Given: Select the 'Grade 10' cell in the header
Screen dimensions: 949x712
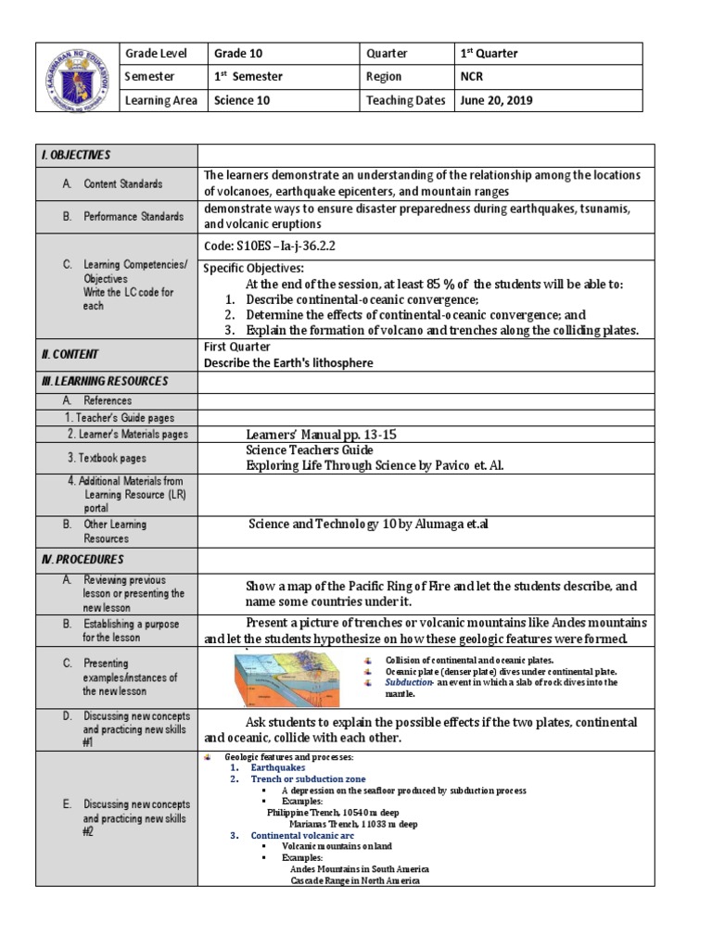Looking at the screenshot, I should [238, 54].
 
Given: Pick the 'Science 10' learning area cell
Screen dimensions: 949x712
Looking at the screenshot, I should [242, 101].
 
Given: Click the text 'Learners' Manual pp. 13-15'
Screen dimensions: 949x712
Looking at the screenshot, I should [327, 434].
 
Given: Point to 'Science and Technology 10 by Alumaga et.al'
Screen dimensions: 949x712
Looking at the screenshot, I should [367, 525].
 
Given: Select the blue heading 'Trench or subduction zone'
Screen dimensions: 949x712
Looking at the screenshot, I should [309, 779].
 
